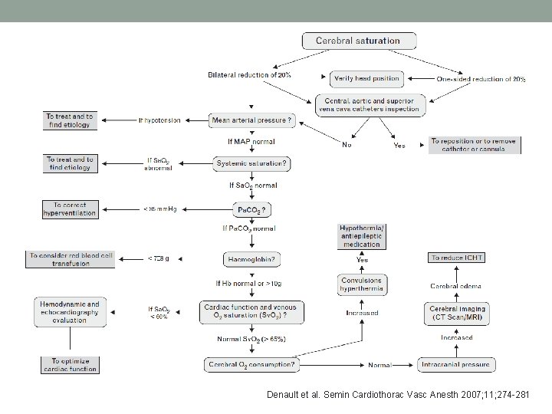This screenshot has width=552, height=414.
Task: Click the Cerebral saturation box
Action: coord(359,41)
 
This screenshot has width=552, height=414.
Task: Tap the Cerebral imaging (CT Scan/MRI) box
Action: coord(456,313)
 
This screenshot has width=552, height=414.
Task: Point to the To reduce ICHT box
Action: coord(456,258)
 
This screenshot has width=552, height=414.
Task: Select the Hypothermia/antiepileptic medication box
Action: coord(361,236)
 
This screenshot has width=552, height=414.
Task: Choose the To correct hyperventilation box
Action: coord(70,209)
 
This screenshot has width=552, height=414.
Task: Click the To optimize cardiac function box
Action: coord(70,364)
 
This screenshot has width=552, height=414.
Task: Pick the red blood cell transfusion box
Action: coord(70,259)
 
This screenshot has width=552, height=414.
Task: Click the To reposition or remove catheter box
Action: coord(473,145)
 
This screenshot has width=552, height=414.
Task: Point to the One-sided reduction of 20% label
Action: coord(481,80)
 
